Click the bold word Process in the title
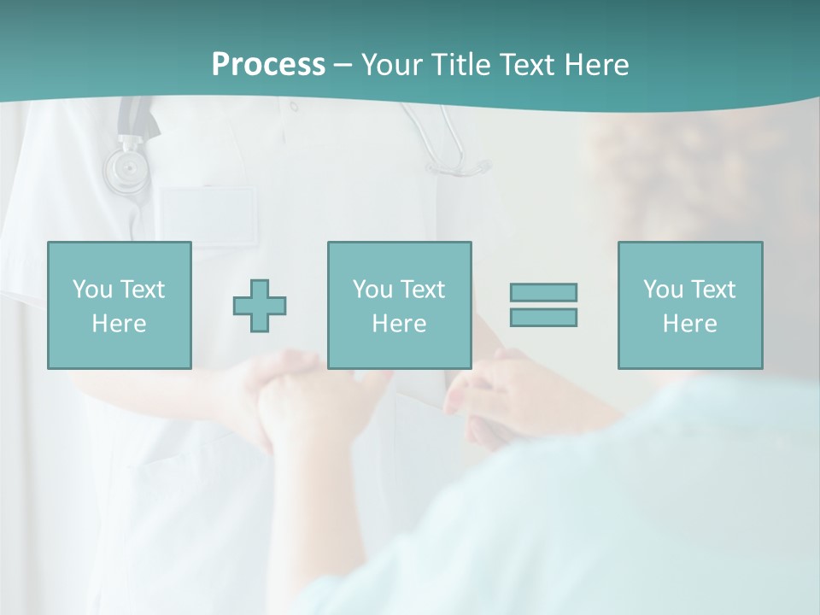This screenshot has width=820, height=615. [268, 65]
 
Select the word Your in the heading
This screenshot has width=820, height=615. [393, 65]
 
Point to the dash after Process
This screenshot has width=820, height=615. [343, 66]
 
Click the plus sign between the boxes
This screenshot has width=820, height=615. [260, 305]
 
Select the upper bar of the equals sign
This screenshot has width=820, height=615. [543, 292]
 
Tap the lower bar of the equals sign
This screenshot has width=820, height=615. [543, 317]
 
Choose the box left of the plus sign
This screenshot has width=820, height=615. [120, 305]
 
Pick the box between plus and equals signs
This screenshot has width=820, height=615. [399, 305]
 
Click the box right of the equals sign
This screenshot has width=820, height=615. [689, 305]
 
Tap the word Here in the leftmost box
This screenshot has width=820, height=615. [119, 324]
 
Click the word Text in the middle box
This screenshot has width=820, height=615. [422, 290]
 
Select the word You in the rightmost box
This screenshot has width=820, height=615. [663, 290]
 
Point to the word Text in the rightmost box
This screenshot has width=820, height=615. [713, 290]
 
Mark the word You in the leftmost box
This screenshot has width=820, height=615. [92, 290]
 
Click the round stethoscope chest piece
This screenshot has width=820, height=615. [126, 168]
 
